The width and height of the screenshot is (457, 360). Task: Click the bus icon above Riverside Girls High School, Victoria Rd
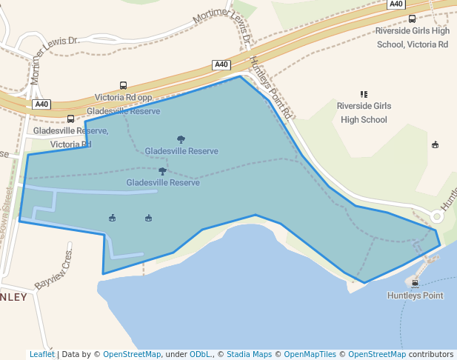412,19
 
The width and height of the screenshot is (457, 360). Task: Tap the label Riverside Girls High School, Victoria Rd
412,38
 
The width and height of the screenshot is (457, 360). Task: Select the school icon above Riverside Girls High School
364,94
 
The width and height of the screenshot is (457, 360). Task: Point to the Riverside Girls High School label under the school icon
364,113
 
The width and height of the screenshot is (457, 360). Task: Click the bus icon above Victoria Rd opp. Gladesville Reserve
123,85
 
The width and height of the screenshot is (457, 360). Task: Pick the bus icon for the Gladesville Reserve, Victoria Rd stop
70,119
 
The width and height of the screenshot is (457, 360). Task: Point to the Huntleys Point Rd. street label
271,88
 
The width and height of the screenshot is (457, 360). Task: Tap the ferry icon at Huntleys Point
415,282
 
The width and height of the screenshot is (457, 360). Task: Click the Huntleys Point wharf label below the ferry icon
415,296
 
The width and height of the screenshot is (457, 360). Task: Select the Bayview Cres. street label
53,274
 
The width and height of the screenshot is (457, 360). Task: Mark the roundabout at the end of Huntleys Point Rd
437,217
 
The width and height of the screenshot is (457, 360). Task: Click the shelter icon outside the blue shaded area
435,144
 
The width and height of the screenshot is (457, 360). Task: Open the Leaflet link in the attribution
41,355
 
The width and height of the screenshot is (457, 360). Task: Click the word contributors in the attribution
430,355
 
